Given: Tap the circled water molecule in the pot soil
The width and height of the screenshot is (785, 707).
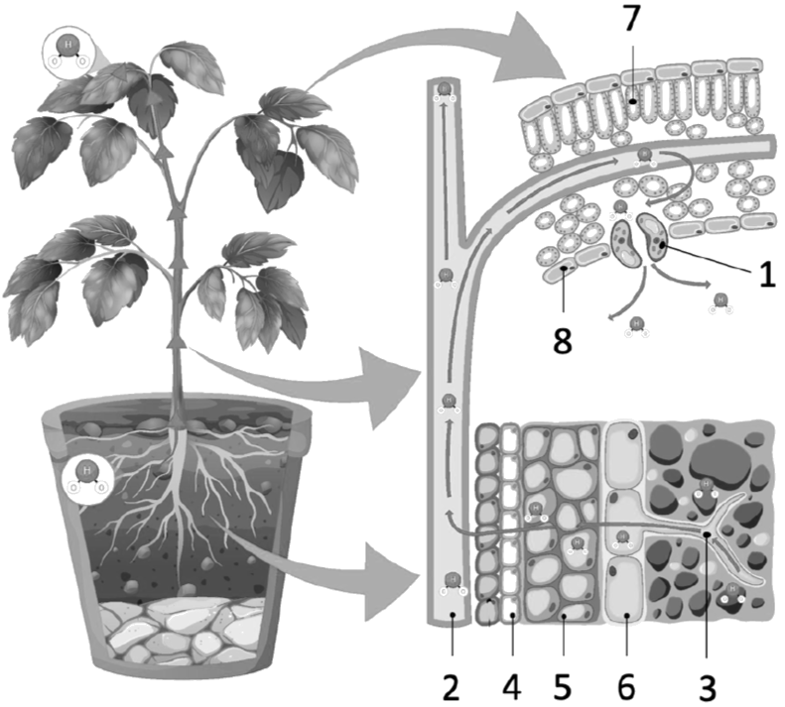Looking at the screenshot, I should click(x=87, y=475).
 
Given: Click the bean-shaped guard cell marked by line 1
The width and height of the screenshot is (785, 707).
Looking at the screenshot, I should click(x=656, y=239).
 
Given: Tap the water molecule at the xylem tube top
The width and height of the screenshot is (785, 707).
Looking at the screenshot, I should click(x=442, y=92).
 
